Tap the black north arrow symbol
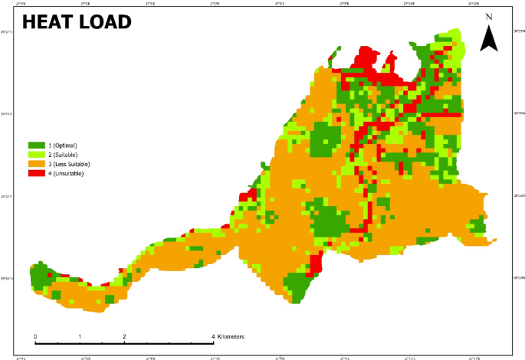(488, 38)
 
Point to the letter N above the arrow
(488, 16)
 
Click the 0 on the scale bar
(35, 336)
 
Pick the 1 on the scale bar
(80, 336)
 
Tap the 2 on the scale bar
(124, 336)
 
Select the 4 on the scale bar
(213, 336)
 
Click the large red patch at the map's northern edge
(372, 65)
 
